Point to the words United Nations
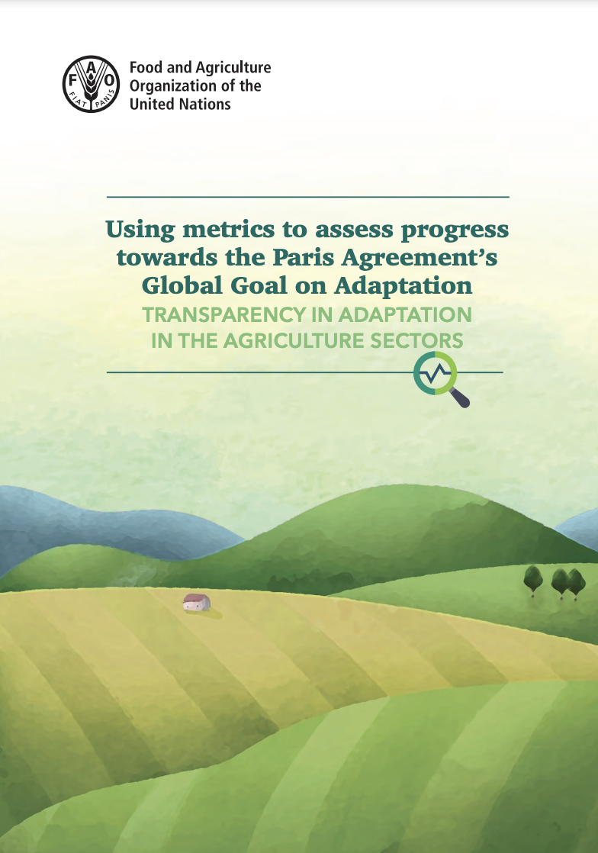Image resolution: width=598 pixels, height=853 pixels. point(180,103)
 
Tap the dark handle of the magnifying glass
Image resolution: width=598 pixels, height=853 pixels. point(461,398)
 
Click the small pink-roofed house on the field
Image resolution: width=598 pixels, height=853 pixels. point(196,603)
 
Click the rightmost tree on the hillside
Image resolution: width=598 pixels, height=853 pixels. point(576,582)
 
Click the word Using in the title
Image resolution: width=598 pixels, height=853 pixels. point(135,229)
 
